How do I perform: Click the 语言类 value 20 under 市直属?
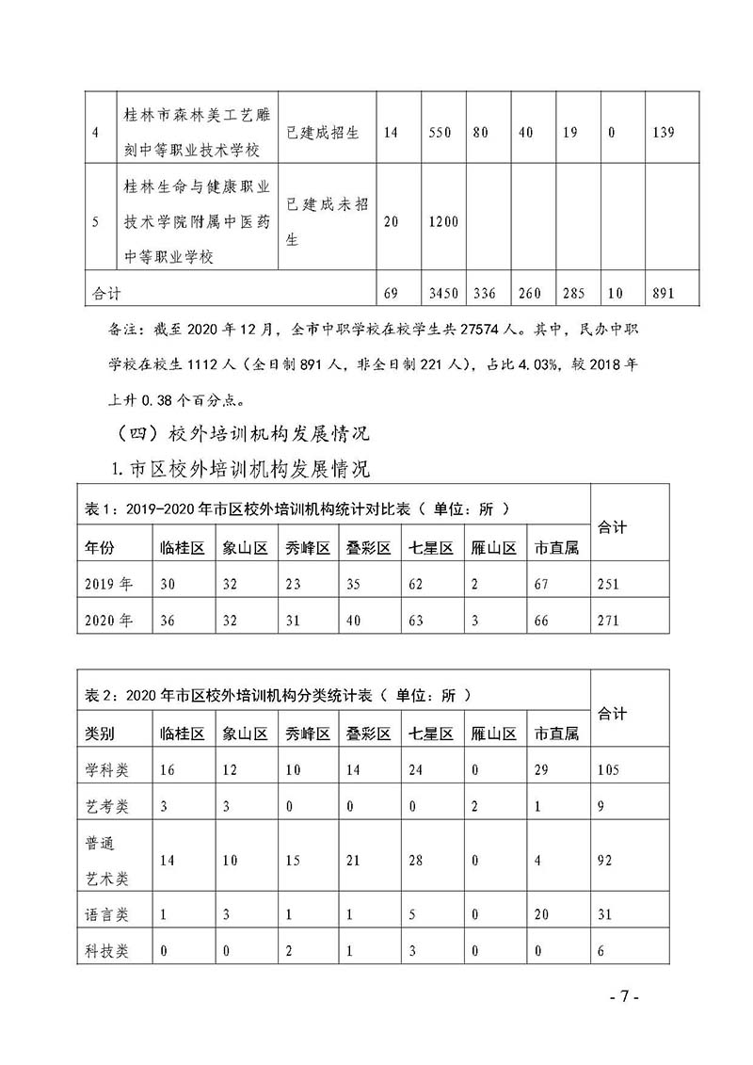pyautogui.click(x=543, y=913)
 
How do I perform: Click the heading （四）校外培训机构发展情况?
pyautogui.click(x=240, y=433)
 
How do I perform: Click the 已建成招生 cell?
pyautogui.click(x=322, y=133)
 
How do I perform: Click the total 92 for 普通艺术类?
pyautogui.click(x=608, y=860)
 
